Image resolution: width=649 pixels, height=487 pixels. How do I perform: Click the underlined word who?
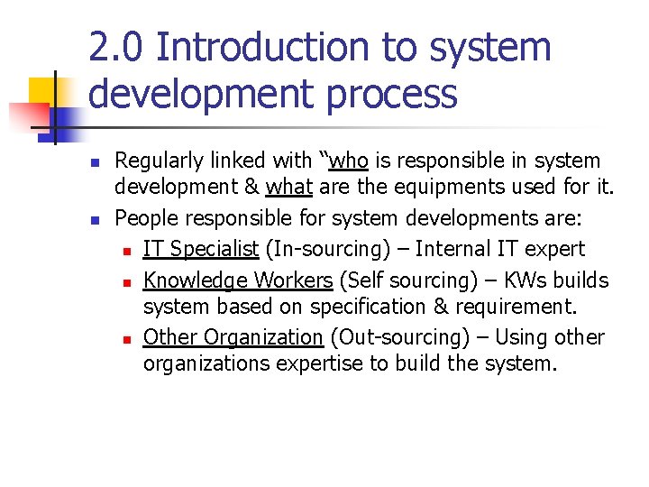coord(349,161)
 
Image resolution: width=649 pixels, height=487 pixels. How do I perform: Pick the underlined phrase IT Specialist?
coord(201,249)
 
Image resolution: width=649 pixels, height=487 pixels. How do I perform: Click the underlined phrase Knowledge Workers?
coord(238,280)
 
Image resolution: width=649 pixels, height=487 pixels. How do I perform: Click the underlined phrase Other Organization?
coord(233,337)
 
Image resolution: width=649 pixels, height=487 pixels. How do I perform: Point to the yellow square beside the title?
coord(42,92)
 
